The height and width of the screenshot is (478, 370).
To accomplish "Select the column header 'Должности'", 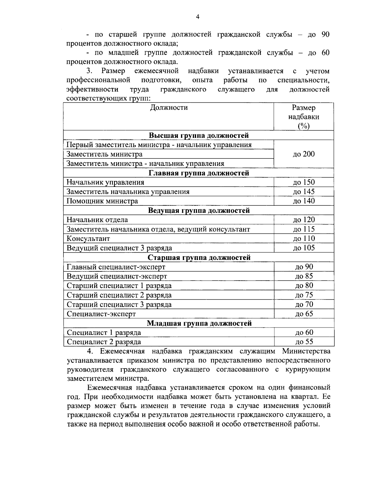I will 169,108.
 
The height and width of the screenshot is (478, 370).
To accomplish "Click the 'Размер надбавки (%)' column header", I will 303,117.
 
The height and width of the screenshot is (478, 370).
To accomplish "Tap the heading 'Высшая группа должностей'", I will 199,135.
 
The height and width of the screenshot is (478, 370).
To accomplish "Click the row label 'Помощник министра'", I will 102,201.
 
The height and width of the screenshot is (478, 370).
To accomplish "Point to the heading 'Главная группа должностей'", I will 199,173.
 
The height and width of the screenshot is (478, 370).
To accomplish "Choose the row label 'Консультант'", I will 88,239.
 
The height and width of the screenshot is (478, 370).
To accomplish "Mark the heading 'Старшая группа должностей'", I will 199,258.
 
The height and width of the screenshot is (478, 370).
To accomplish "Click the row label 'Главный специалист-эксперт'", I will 116,267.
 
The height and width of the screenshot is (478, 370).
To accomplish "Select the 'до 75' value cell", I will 304,295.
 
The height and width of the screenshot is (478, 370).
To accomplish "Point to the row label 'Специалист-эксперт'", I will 101,314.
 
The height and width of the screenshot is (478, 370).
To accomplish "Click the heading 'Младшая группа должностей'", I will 199,323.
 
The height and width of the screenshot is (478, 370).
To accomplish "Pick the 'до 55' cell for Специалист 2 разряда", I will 304,342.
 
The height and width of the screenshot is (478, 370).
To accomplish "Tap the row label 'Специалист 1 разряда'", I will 104,332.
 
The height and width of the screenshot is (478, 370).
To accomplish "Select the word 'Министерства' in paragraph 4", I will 306,351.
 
